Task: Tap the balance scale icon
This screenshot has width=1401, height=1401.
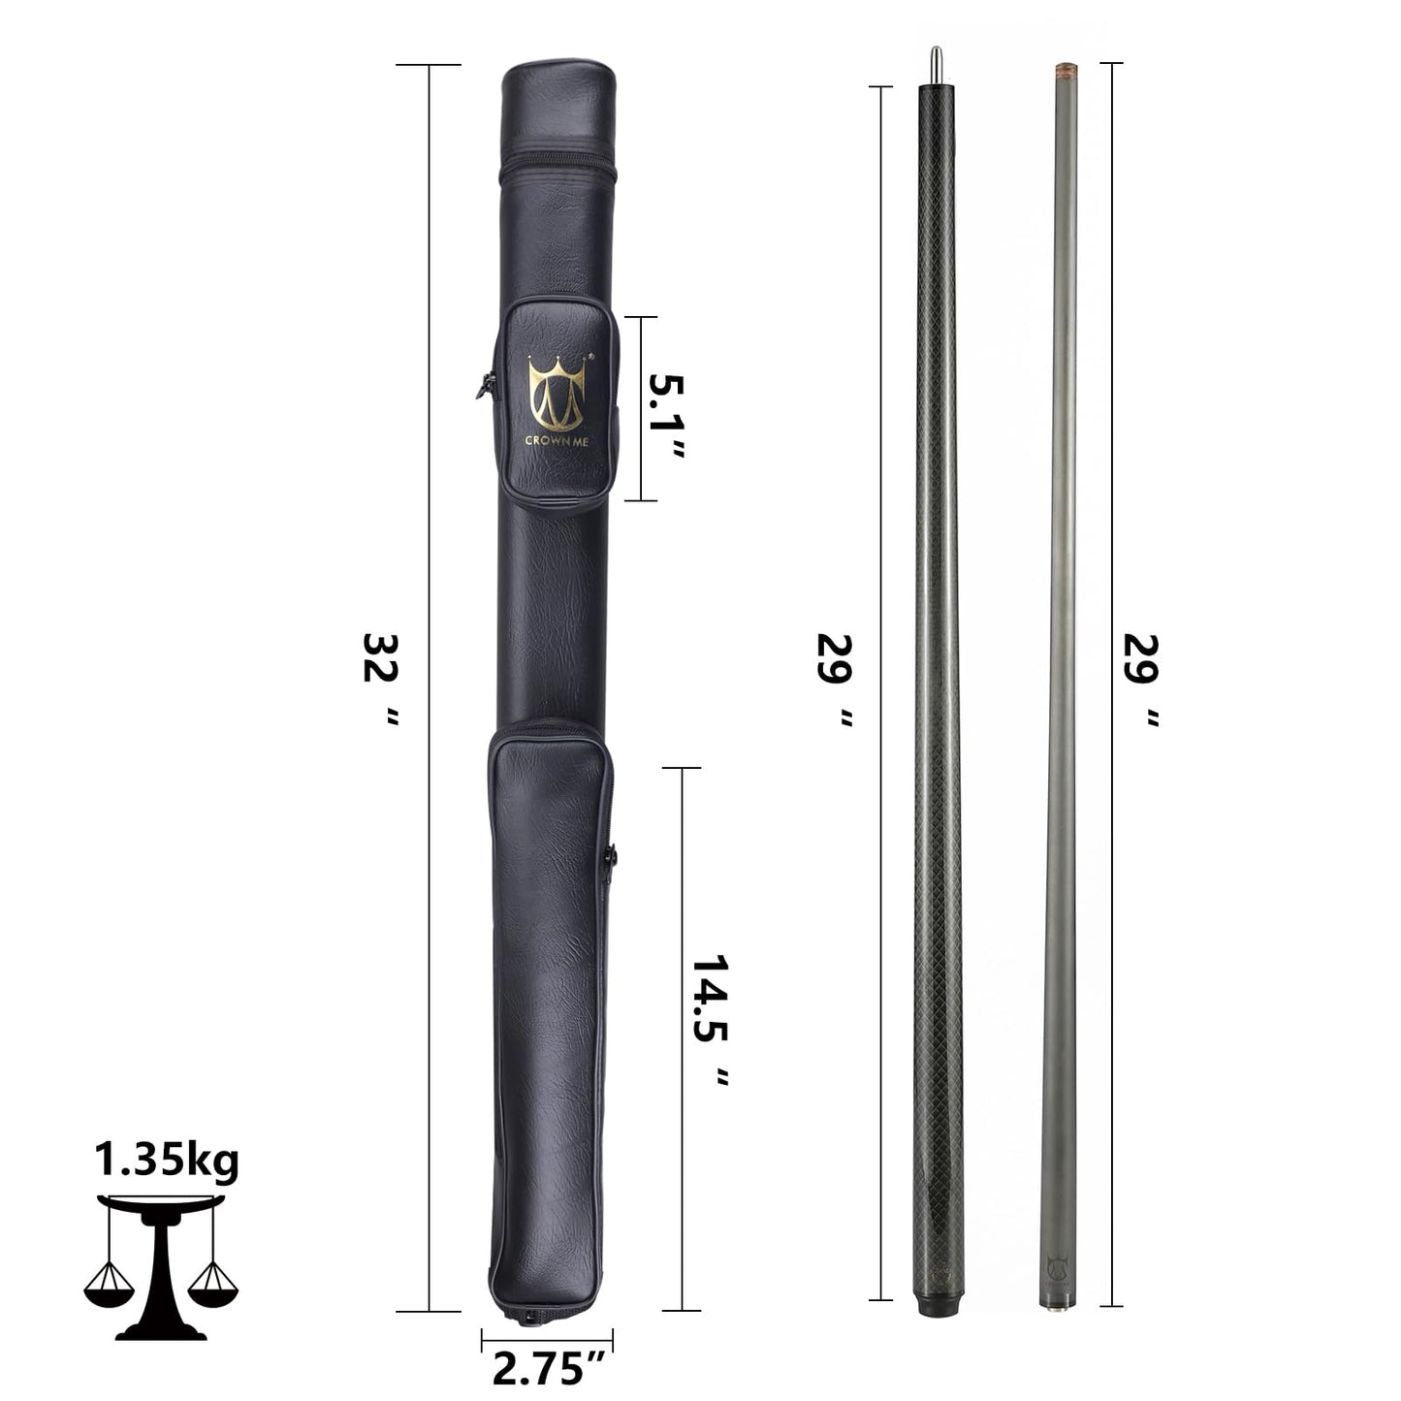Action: click(161, 1265)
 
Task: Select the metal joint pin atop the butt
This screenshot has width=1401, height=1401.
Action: click(936, 64)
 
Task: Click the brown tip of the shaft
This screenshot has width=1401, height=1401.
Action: click(1064, 72)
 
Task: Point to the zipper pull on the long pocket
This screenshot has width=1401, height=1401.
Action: click(611, 856)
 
